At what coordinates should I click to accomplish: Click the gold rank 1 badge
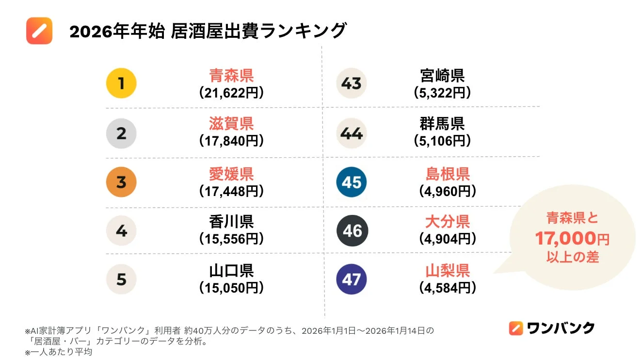click(121, 83)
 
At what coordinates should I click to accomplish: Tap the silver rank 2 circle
click(121, 133)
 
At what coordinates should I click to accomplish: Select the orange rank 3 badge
click(121, 182)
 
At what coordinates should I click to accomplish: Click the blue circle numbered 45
click(352, 182)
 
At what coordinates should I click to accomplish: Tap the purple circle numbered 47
click(352, 279)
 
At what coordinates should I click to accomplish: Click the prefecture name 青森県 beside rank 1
click(231, 75)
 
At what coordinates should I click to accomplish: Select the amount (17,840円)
click(231, 141)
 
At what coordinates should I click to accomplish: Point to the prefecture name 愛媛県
click(231, 174)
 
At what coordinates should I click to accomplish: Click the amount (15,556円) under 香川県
click(231, 239)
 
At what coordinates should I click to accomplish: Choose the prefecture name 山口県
click(231, 271)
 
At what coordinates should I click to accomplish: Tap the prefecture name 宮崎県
click(442, 75)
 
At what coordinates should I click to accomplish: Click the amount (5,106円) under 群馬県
click(442, 141)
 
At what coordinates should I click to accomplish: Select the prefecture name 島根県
click(447, 174)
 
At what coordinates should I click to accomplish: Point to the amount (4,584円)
click(447, 288)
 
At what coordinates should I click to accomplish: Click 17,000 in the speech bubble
click(565, 238)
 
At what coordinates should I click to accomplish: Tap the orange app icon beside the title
click(39, 31)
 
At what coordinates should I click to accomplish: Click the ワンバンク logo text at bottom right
click(561, 328)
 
